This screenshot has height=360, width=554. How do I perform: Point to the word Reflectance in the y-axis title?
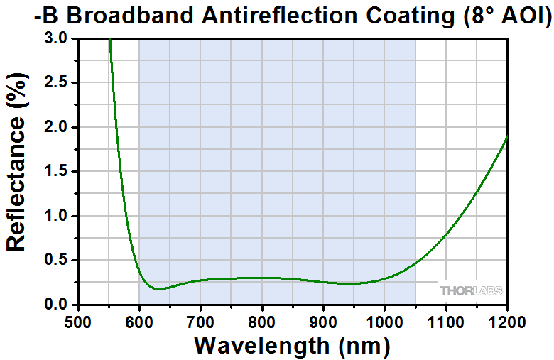click(17, 183)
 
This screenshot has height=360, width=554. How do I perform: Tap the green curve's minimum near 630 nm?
click(160, 289)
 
